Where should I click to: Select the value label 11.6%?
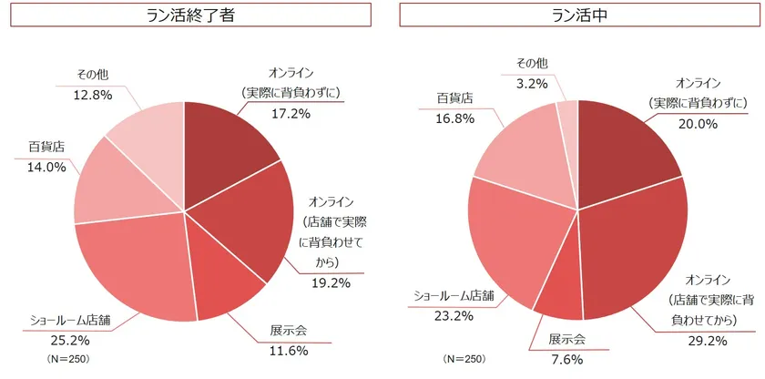point(288,351)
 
